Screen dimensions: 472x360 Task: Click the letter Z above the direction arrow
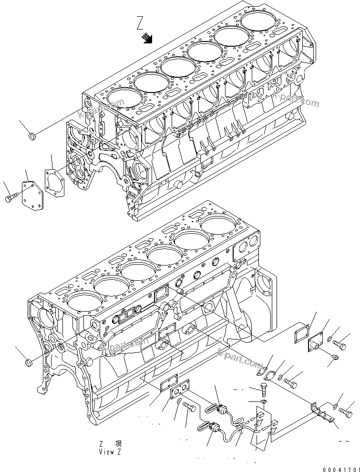coord(140,23)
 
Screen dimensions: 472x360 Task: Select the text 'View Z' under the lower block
coord(113,451)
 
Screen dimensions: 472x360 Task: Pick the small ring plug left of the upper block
coord(32,138)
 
